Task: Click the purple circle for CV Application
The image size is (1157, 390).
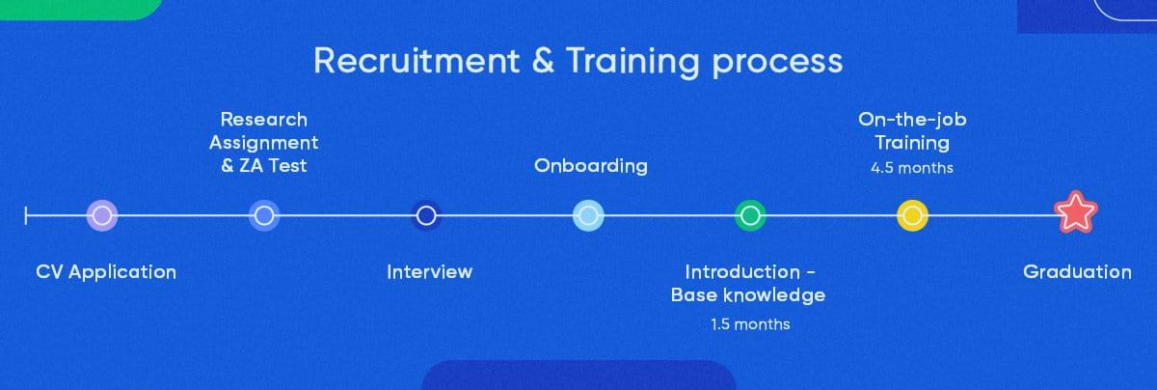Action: point(102,215)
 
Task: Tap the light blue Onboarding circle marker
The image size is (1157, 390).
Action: point(588,215)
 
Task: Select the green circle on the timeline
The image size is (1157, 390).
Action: point(750,215)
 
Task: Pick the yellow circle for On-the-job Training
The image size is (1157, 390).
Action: point(912,215)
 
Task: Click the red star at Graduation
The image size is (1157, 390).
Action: point(1075,212)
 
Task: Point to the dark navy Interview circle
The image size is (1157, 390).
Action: point(426,215)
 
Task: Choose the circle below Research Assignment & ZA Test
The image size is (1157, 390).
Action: point(264,215)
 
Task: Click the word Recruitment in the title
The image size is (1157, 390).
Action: point(417,61)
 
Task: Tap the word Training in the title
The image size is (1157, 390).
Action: point(633,62)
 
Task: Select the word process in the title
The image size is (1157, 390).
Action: point(777,64)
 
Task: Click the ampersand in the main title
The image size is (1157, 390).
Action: point(543,61)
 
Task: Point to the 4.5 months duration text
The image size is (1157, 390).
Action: point(912,168)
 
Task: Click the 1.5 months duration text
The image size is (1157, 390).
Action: point(750,324)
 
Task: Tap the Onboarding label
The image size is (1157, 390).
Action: point(591,166)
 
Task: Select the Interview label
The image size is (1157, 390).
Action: point(429,271)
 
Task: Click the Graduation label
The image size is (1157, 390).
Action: point(1077,271)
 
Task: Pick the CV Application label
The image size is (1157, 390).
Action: point(106,272)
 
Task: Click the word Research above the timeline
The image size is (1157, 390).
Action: point(264,120)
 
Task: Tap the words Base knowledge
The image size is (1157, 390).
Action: point(748,295)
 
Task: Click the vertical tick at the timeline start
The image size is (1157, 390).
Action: point(26,215)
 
